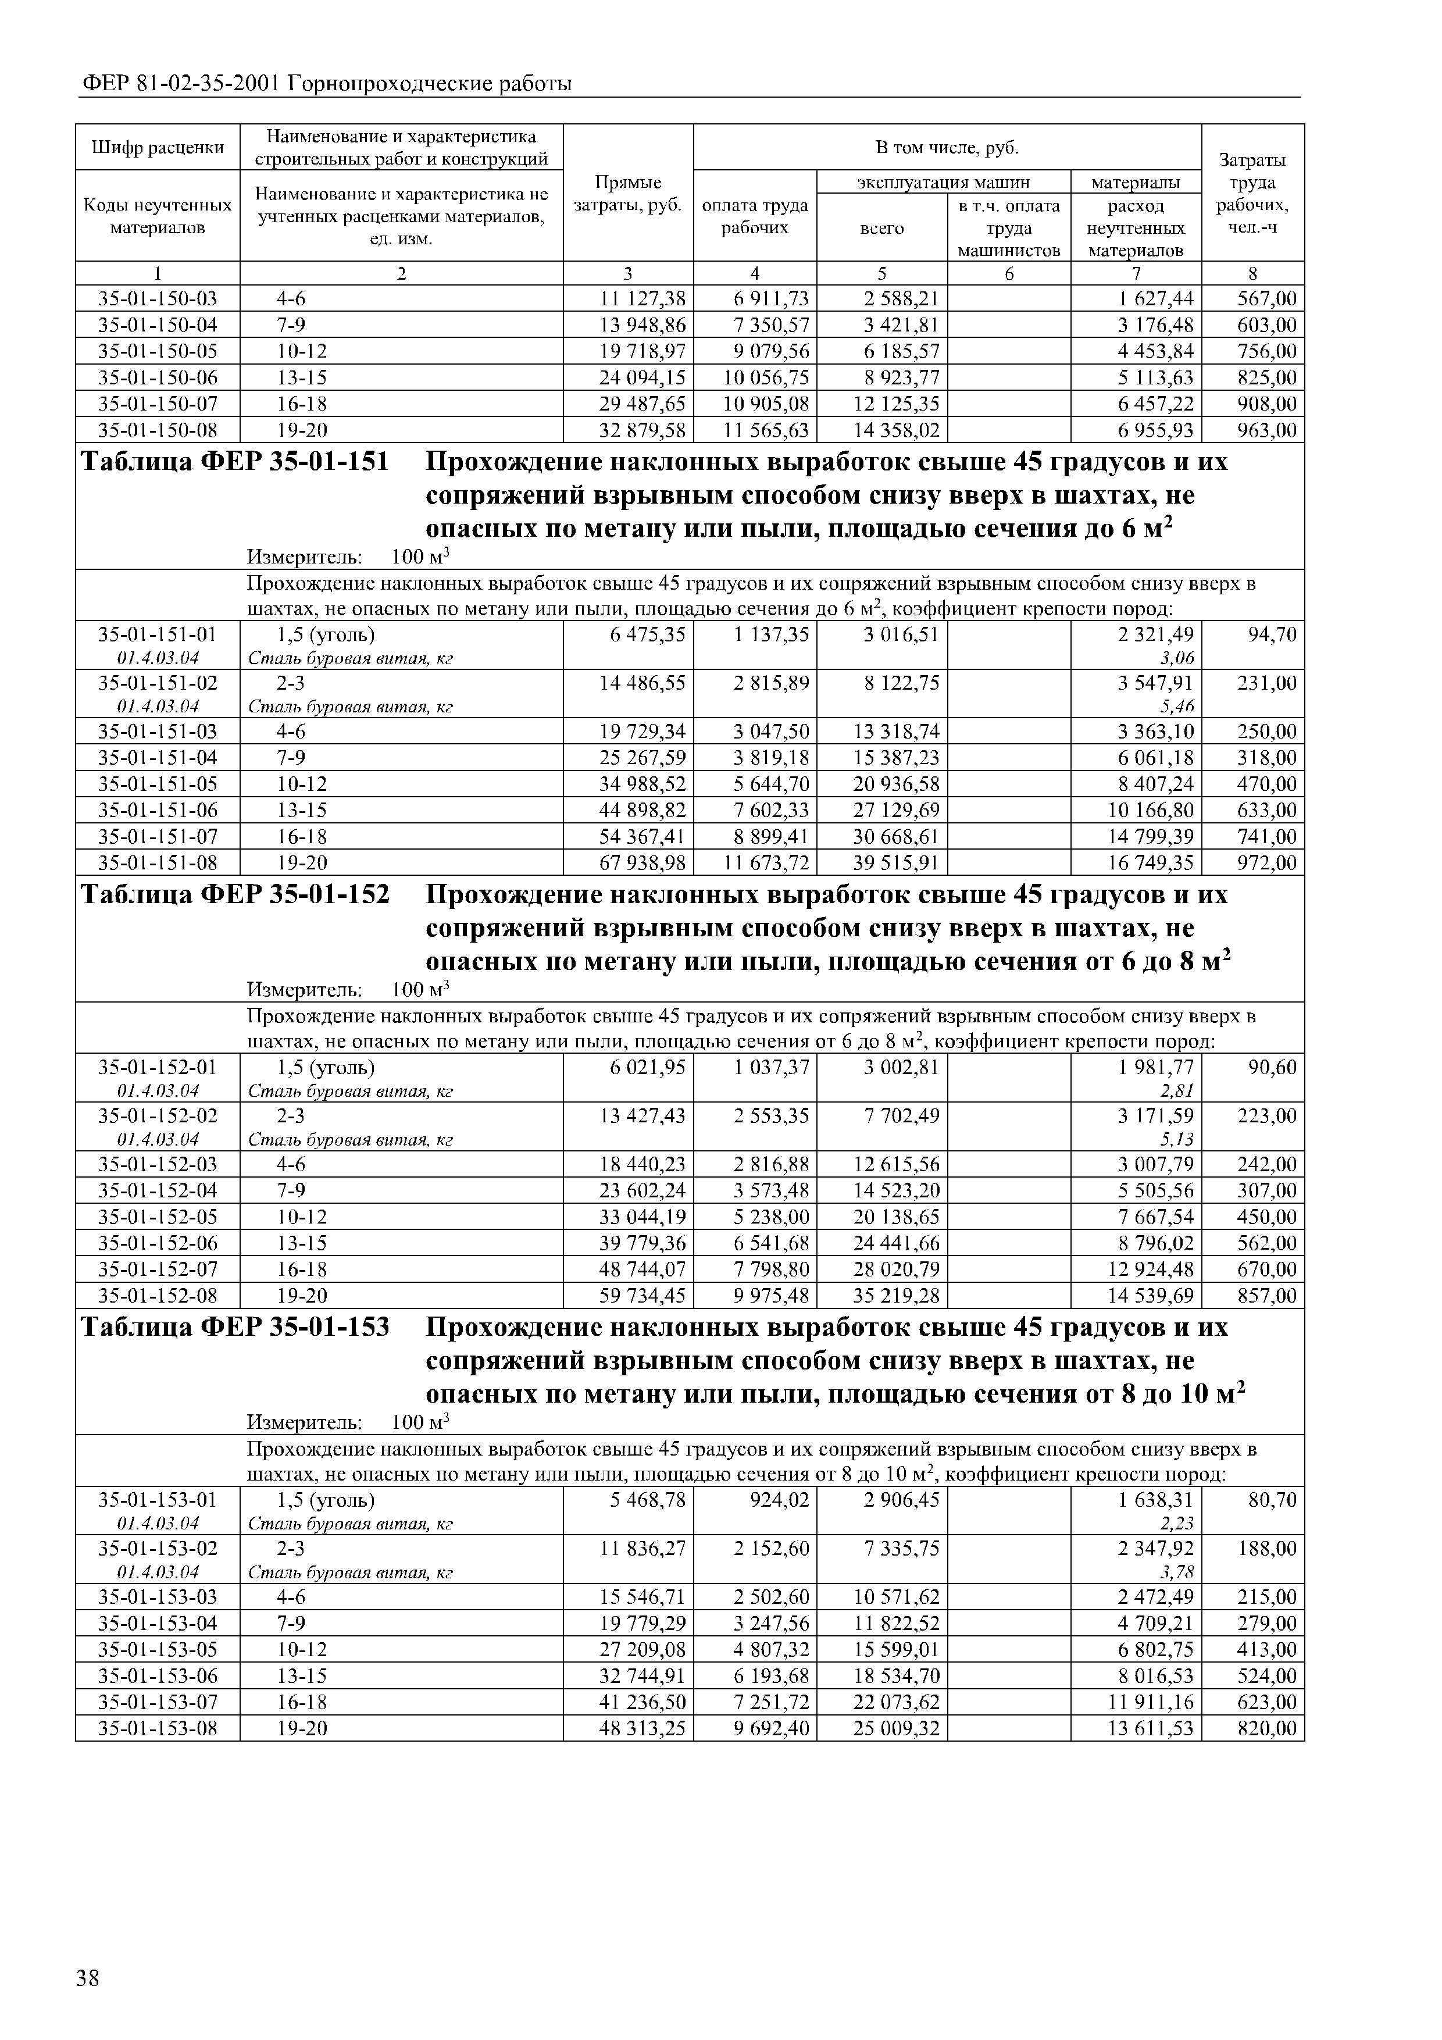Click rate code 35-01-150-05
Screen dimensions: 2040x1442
click(157, 351)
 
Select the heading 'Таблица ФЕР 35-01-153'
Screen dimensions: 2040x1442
click(234, 1328)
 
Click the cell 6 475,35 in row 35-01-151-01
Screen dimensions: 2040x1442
click(648, 634)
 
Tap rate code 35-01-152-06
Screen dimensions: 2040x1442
click(157, 1243)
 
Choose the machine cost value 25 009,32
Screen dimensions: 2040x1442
click(895, 1728)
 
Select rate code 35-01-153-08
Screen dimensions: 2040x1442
click(157, 1728)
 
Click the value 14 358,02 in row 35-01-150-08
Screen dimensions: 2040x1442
click(895, 431)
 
